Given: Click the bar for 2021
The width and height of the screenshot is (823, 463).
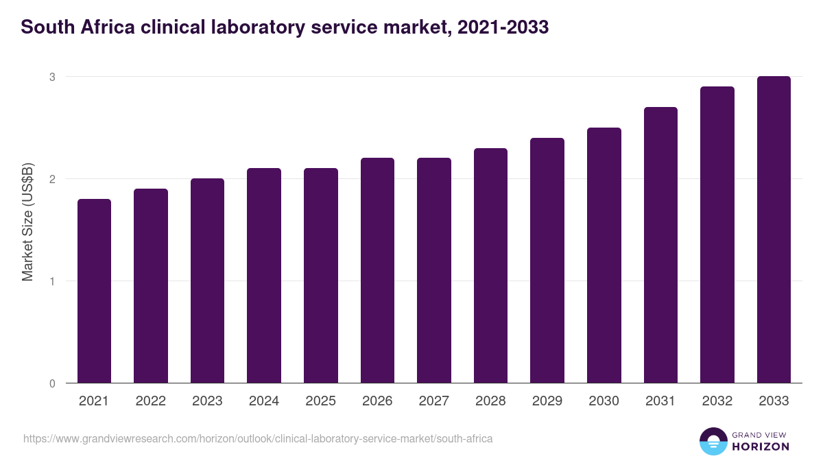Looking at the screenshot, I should [94, 291].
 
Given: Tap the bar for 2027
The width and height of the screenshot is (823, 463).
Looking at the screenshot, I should [434, 270].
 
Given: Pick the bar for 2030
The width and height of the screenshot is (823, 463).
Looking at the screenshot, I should [604, 255].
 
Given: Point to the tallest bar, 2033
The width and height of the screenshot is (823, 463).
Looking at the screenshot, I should [774, 230].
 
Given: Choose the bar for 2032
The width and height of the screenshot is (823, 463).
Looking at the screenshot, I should [717, 235].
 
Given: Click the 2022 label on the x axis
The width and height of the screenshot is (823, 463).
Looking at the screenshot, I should [151, 401].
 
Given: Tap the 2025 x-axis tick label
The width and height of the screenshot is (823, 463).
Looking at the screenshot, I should [321, 401].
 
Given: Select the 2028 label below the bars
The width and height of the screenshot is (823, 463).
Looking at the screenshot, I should [490, 401].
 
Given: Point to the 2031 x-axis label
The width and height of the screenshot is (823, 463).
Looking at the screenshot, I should [660, 401].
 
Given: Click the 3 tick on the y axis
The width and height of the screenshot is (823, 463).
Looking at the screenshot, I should [51, 77].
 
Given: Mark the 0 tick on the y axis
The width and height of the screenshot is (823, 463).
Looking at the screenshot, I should [51, 383].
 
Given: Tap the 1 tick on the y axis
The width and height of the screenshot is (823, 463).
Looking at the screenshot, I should [51, 281].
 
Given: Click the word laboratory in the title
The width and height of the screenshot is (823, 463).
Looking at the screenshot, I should [252, 27].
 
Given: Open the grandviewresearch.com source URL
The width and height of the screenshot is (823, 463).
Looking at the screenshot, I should [258, 438].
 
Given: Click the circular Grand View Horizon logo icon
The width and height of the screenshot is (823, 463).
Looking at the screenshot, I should [713, 441].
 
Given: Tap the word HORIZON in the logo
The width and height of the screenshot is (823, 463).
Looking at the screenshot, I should [761, 447].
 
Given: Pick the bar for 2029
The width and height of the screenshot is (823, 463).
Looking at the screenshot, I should [547, 261].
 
